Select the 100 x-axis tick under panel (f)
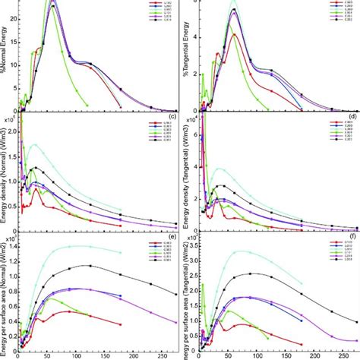point(259,355)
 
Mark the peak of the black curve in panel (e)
point(90,265)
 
